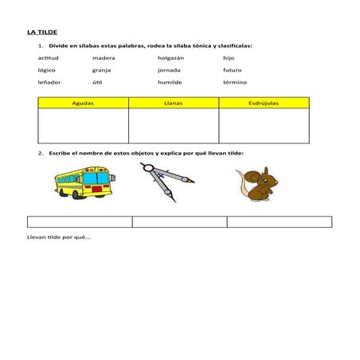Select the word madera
point(103,58)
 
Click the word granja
point(101,70)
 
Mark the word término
point(235,82)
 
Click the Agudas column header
point(83,104)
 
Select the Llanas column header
point(173,104)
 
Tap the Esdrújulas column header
point(264,104)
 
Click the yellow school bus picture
point(83,182)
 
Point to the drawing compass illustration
point(167,182)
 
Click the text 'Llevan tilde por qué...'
point(59,237)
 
